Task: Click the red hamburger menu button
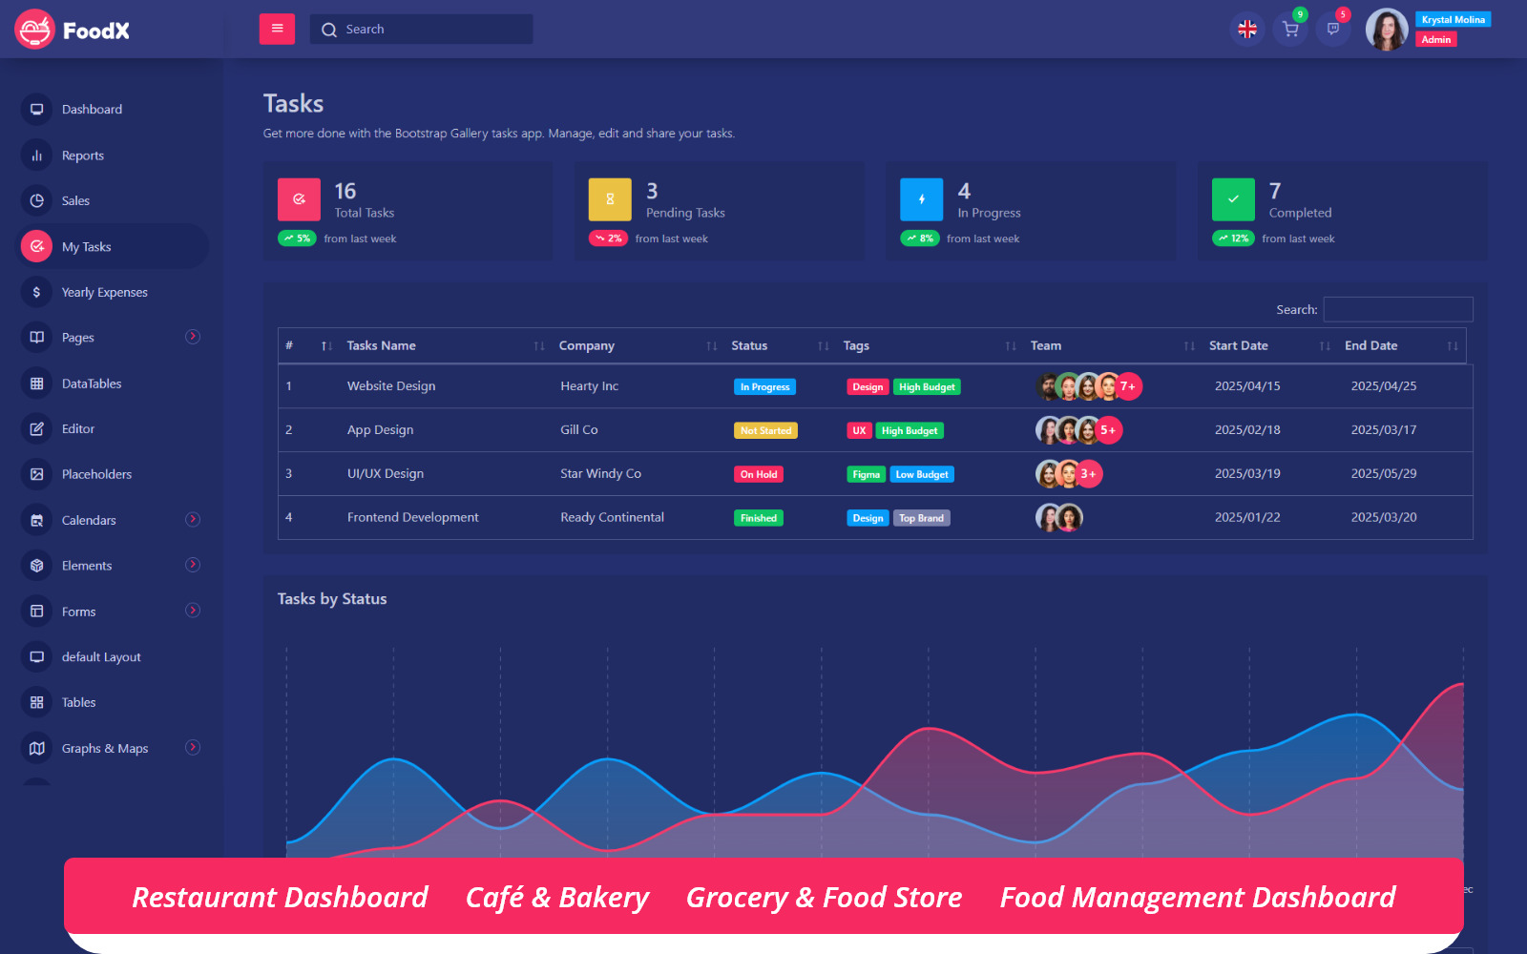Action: point(277,29)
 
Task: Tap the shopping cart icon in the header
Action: point(1290,30)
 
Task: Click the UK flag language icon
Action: point(1246,30)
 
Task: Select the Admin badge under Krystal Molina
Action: point(1435,40)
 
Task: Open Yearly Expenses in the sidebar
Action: point(105,293)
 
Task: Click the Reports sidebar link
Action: point(83,156)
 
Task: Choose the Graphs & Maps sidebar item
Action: point(105,749)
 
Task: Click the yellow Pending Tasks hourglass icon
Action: point(610,199)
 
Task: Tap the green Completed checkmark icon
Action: point(1233,199)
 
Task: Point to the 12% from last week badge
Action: point(1234,238)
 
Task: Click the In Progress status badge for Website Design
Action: point(764,387)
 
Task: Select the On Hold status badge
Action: point(759,475)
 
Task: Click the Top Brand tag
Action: point(921,519)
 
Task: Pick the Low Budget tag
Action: point(922,475)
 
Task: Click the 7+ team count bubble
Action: point(1128,386)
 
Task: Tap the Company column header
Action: point(587,346)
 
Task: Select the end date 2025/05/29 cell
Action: point(1383,474)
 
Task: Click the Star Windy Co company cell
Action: point(600,474)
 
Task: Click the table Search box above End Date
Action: point(1397,310)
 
